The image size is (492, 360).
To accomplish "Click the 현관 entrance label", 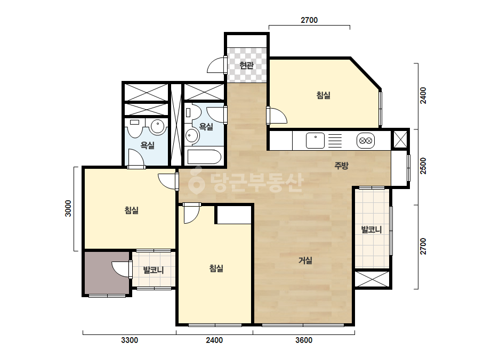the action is tap(246, 65).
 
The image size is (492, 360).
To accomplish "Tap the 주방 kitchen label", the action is tap(341, 165).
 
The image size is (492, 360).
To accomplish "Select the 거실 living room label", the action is tap(305, 260).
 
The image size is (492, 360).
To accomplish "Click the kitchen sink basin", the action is tap(315, 141).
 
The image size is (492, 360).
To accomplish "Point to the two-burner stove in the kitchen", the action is tap(366, 141).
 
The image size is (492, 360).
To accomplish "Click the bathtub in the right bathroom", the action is tap(204, 157).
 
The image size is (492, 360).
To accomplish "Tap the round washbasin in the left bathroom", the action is tap(158, 126).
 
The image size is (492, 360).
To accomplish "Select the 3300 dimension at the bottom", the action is tap(130, 340).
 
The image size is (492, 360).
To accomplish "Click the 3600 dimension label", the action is tap(304, 340).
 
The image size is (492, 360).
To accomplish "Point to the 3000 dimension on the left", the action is tap(68, 208).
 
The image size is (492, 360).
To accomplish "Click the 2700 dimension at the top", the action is tap(309, 20).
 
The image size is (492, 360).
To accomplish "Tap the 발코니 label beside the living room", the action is tap(372, 230).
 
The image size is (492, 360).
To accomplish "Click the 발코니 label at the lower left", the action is tap(154, 270).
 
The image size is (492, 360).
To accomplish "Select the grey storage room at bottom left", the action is tap(107, 273).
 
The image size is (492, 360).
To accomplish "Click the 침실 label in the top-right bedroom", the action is tap(324, 95).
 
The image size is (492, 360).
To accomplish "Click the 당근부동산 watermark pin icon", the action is tap(197, 181).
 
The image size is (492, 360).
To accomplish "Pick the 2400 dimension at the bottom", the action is tap(214, 340).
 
